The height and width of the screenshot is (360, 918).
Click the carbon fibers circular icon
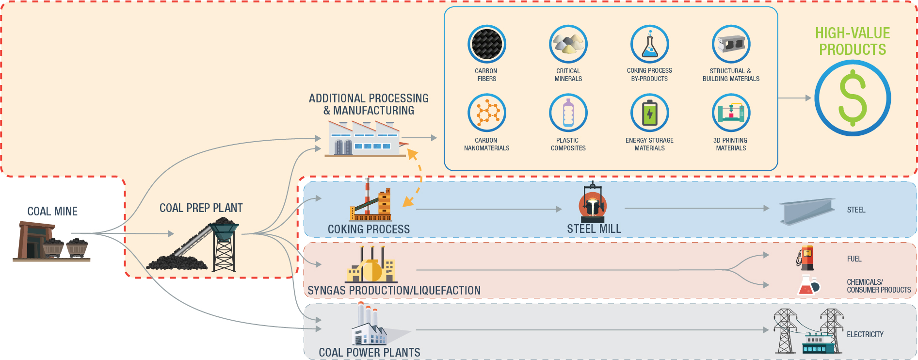pyautogui.click(x=487, y=44)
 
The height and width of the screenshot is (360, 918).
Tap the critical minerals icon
pyautogui.click(x=568, y=44)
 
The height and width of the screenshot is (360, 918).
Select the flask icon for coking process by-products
pyautogui.click(x=650, y=44)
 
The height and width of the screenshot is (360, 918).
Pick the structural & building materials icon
pyautogui.click(x=731, y=44)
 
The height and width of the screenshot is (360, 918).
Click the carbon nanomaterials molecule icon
pyautogui.click(x=487, y=113)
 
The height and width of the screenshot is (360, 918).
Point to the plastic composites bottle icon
pyautogui.click(x=568, y=113)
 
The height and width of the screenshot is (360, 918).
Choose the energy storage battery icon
pyautogui.click(x=650, y=113)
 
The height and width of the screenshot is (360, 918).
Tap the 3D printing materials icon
pyautogui.click(x=731, y=113)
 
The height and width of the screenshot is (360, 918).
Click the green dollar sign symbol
pyautogui.click(x=853, y=98)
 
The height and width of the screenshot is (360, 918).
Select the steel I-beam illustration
pyautogui.click(x=807, y=212)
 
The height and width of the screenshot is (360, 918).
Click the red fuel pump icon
pyautogui.click(x=806, y=258)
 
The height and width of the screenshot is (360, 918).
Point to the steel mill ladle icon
pyautogui.click(x=592, y=202)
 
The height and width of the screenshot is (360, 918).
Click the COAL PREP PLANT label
pyautogui.click(x=201, y=208)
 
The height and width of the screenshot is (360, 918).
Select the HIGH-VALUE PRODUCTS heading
pyautogui.click(x=853, y=42)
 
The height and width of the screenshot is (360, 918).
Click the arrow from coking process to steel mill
pyautogui.click(x=487, y=209)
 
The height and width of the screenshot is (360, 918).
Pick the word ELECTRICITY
pyautogui.click(x=865, y=334)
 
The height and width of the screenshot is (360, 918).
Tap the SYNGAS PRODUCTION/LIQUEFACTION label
pyautogui.click(x=394, y=290)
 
